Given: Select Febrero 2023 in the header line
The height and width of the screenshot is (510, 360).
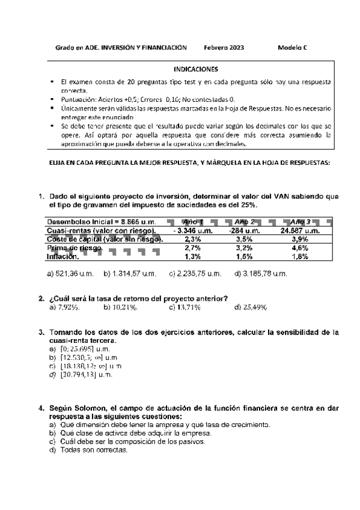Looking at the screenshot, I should pos(224,47).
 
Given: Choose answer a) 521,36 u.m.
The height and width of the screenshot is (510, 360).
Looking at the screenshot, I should pos(70,274).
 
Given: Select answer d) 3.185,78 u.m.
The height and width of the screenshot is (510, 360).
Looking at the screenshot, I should pos(260,274).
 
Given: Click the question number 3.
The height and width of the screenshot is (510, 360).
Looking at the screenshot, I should pos(41,333).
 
